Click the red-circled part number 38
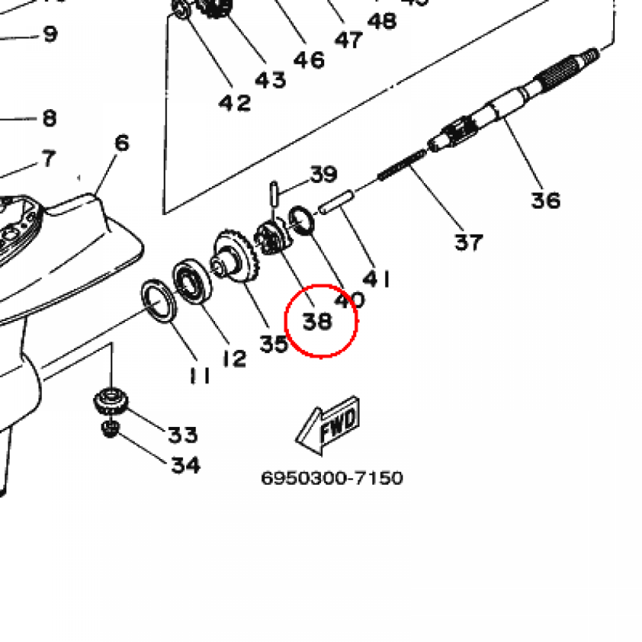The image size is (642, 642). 317,322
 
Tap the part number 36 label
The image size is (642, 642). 545,201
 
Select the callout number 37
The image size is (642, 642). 469,241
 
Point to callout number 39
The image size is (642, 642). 324,174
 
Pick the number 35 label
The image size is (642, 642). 274,344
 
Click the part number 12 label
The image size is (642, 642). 233,359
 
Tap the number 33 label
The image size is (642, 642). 182,434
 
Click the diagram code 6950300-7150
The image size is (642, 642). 332,478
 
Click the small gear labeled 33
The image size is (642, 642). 111,401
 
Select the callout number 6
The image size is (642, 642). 122,143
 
